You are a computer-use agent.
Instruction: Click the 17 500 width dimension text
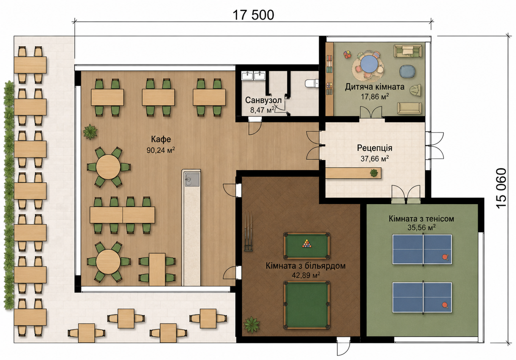(x=253, y=15)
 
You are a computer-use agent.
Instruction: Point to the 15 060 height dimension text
(x=501, y=189)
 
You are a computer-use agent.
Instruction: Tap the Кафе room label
(x=161, y=139)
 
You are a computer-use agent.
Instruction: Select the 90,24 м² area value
(x=161, y=150)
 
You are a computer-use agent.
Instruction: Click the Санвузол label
(x=263, y=100)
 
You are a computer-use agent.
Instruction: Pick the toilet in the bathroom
(x=311, y=84)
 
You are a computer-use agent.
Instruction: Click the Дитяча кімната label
(x=375, y=87)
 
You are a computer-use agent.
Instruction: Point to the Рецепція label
(x=375, y=148)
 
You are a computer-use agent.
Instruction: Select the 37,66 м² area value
(x=375, y=159)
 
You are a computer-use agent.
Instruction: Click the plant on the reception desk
(x=374, y=173)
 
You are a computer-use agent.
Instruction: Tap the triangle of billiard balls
(x=306, y=243)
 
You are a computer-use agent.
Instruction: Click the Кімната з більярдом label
(x=306, y=266)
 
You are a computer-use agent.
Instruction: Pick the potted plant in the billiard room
(x=252, y=325)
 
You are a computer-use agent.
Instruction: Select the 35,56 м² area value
(x=421, y=228)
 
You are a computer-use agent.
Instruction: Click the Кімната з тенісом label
(x=421, y=219)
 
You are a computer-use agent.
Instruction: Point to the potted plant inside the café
(x=90, y=132)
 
